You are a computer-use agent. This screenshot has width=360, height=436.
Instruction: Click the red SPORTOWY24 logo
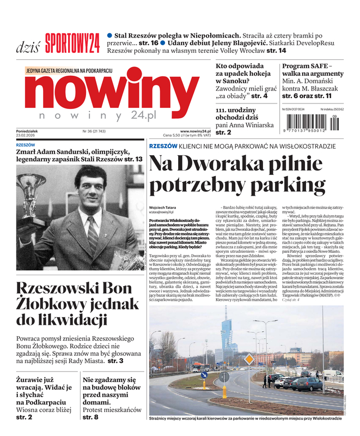tap(72, 43)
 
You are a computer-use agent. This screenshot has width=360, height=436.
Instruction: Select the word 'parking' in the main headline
tap(294, 185)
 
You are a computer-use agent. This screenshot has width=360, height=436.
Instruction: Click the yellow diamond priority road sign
tap(249, 359)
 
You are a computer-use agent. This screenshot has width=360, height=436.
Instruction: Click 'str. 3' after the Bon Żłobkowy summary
tap(115, 361)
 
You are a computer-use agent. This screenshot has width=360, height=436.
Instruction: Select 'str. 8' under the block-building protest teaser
tap(90, 417)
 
